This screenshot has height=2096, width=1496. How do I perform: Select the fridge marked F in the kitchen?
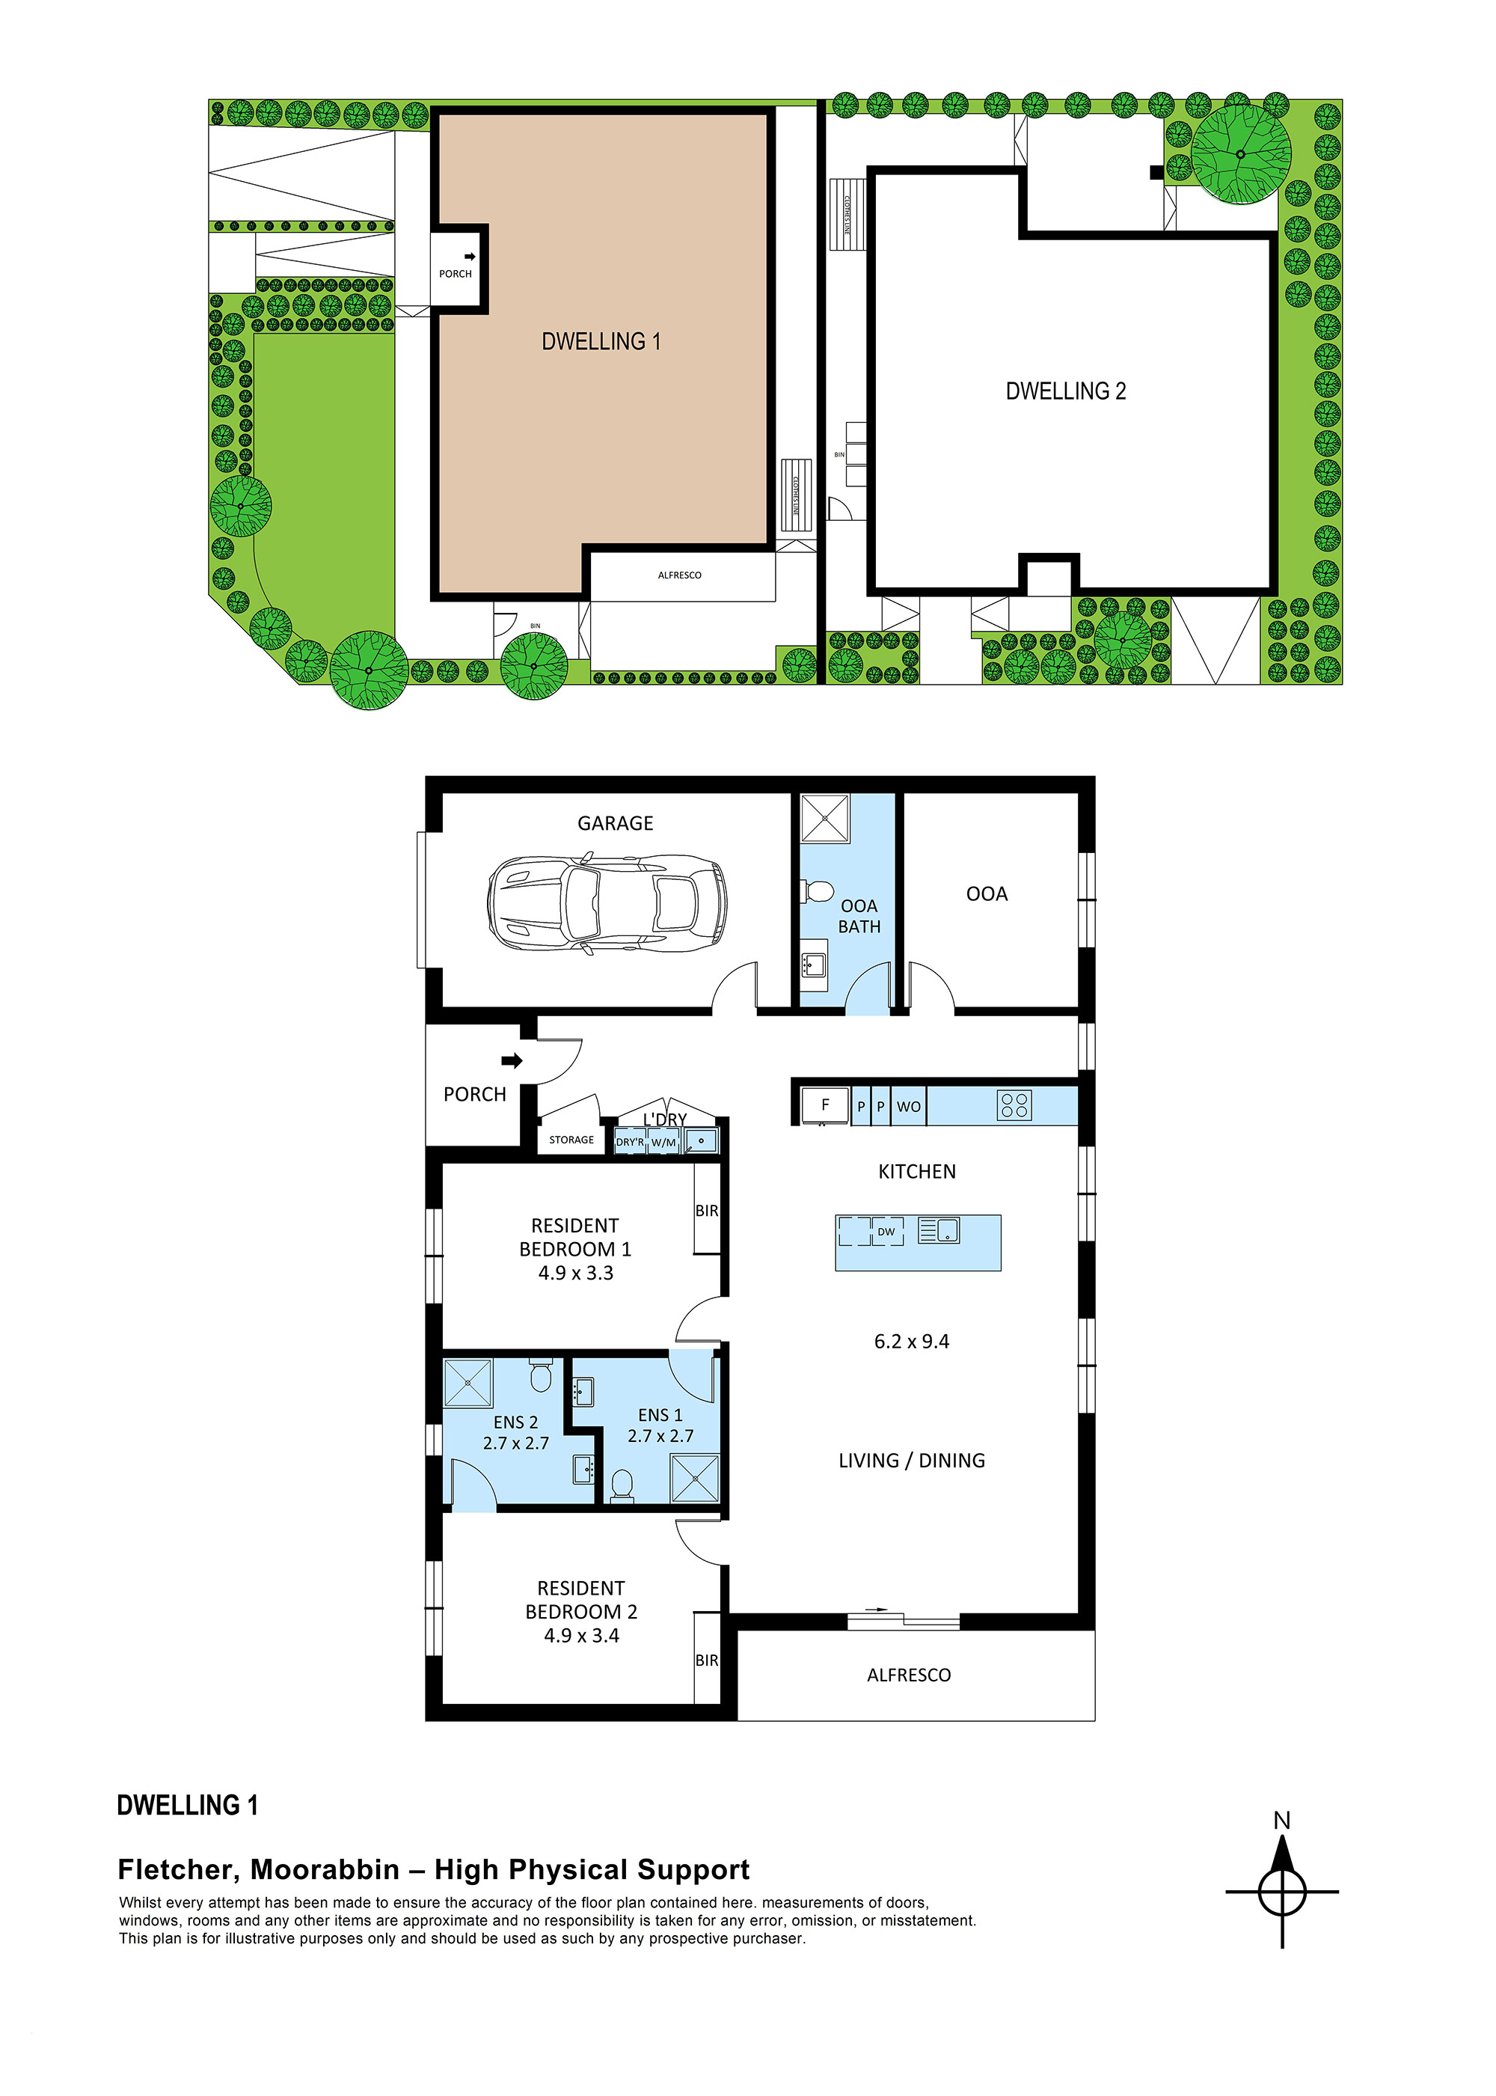(824, 1104)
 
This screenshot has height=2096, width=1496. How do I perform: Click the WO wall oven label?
(908, 1107)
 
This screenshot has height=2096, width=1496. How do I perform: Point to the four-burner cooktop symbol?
(1014, 1104)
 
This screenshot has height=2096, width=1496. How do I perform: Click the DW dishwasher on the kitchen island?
(885, 1232)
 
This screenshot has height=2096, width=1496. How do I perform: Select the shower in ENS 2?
(468, 1383)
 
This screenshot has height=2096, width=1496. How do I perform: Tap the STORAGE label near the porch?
(571, 1140)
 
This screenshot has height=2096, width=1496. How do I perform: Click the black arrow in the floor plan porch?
(512, 1060)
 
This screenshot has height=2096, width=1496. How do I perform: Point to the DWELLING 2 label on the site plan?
(1065, 391)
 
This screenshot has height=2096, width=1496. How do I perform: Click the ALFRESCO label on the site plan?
(679, 575)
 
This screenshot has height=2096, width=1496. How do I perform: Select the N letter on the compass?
(1281, 1821)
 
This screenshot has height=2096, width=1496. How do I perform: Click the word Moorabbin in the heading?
(325, 1869)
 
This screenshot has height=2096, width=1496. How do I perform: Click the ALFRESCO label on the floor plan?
(908, 1675)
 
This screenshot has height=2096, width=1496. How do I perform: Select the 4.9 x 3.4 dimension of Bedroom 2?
(581, 1635)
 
